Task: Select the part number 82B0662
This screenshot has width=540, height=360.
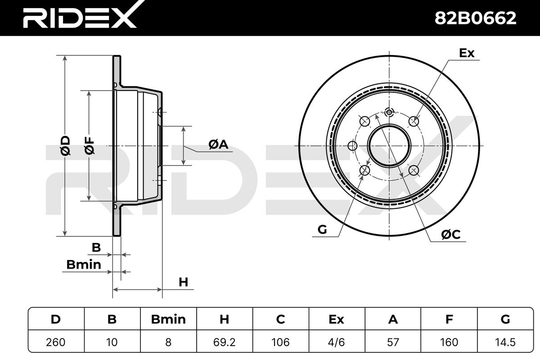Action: [x=475, y=18]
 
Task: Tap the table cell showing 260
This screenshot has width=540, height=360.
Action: [x=56, y=342]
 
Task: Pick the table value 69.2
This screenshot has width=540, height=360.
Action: [x=225, y=342]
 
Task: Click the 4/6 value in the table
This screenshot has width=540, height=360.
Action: [x=337, y=342]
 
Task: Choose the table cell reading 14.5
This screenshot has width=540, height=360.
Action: [x=505, y=342]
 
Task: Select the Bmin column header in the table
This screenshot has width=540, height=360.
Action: [x=168, y=319]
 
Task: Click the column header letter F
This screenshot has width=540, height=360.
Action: [x=449, y=319]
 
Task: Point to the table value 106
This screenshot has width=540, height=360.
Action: [x=281, y=342]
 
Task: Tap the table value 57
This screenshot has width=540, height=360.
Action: [x=393, y=342]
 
